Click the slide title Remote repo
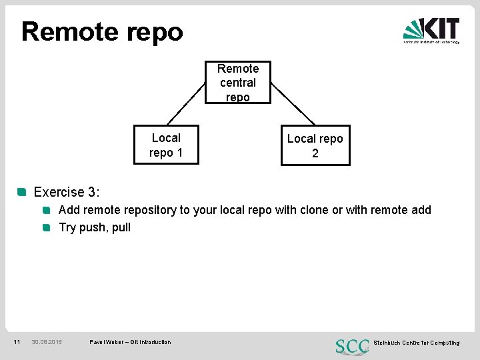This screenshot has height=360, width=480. [x=102, y=31]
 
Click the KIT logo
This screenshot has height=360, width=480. [x=431, y=30]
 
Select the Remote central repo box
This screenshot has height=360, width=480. [x=237, y=83]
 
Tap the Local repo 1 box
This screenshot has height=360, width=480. [x=166, y=145]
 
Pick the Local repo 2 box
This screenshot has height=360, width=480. [x=315, y=146]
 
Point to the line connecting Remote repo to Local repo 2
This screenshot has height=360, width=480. [x=294, y=103]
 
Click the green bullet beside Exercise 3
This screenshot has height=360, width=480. [x=22, y=192]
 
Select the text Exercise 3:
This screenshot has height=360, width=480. [x=67, y=192]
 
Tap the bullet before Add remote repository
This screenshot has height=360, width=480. [x=47, y=210]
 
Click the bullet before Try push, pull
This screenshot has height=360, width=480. [x=47, y=227]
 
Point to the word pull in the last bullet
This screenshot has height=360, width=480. [x=121, y=227]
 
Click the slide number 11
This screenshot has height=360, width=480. [x=17, y=342]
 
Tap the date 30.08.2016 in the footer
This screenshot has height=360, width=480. [x=47, y=342]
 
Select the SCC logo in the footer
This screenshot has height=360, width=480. [x=352, y=346]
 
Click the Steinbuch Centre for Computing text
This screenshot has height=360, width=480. [x=416, y=343]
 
